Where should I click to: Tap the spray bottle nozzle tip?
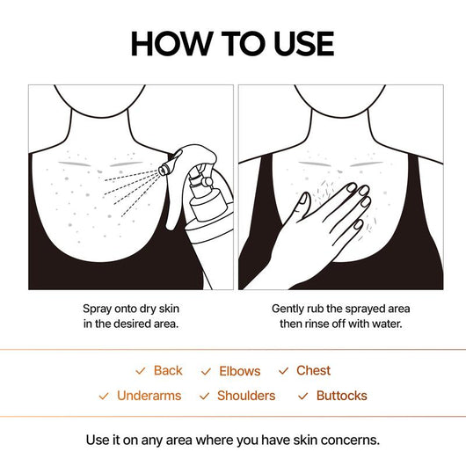point(164,164)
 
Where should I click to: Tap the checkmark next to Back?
point(140,372)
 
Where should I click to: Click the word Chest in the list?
point(313,371)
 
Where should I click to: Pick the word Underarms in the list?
point(149,396)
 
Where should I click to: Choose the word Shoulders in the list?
point(246,396)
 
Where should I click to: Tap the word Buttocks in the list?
point(341,396)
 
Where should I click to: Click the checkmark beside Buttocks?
point(302,397)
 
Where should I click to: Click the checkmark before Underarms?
point(104,397)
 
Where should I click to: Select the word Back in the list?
point(168,371)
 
